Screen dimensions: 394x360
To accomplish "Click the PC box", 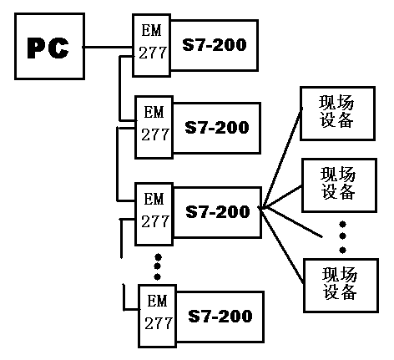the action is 49,46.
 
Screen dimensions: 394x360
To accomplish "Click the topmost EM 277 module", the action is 151,45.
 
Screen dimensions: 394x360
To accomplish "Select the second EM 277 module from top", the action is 154,127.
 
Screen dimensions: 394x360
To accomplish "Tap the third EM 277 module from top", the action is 154,214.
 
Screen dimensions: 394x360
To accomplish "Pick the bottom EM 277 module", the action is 157,316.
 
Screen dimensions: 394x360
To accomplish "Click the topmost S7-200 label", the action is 215,44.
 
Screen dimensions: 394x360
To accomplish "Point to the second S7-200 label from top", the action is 217,127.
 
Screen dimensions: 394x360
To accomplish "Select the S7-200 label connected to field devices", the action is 218,211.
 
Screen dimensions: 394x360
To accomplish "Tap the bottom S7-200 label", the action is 220,316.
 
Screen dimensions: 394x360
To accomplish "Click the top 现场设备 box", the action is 337,114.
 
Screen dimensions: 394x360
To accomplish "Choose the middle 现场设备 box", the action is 339,185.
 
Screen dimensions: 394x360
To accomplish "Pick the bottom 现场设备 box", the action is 341,286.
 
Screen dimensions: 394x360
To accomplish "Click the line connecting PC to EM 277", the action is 109,47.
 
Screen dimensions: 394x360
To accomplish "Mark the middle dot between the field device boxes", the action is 343,236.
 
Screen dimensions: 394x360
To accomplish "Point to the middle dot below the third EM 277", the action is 158,266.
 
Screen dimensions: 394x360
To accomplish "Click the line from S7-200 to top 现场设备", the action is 281,158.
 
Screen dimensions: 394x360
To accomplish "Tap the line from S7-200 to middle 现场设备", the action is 281,197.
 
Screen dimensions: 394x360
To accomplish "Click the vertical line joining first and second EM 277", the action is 119,89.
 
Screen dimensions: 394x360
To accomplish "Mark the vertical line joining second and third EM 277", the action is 118,164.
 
